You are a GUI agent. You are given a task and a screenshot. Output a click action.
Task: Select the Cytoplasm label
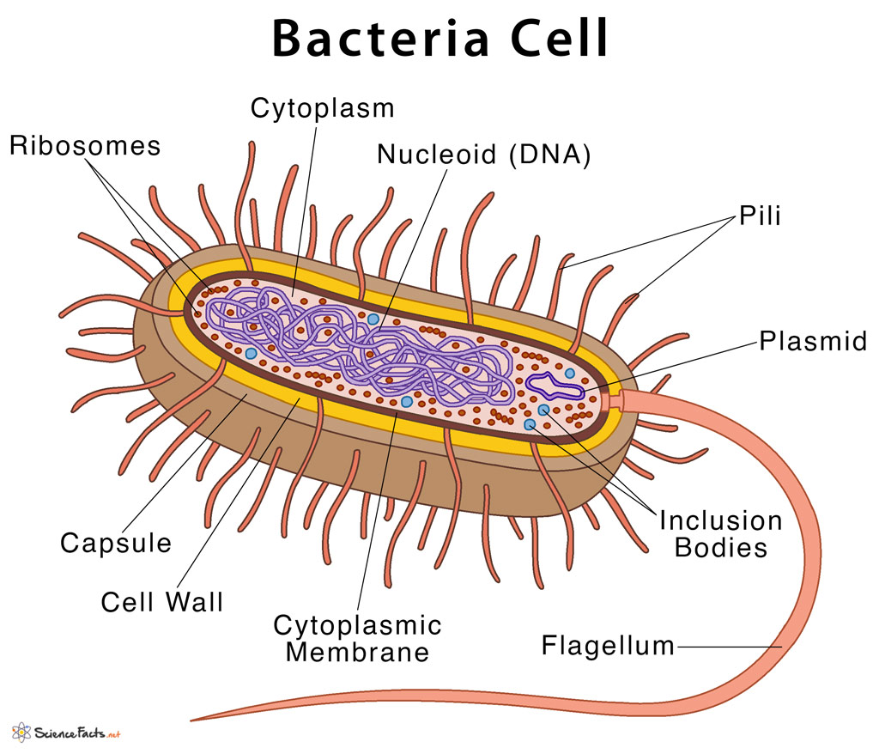tap(322, 108)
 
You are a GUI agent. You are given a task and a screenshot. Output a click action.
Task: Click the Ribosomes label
tap(85, 145)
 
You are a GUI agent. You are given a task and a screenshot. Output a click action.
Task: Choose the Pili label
tap(760, 216)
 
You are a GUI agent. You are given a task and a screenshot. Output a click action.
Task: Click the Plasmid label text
tap(813, 341)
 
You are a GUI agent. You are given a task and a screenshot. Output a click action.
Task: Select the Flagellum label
tap(608, 645)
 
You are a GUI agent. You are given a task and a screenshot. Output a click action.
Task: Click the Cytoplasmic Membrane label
tap(357, 637)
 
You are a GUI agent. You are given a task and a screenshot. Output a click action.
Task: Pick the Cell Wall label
tap(161, 601)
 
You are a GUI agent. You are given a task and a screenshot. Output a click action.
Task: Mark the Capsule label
tap(116, 543)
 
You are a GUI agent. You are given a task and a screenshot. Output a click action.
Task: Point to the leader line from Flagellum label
tap(730, 646)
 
